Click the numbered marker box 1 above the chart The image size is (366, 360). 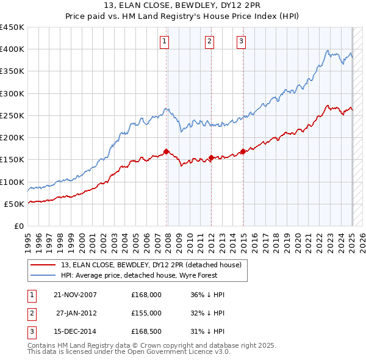[x=165, y=41]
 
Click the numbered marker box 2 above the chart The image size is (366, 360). [x=209, y=41]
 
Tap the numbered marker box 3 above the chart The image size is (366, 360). [x=242, y=41]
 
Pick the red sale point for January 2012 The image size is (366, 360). [x=211, y=157]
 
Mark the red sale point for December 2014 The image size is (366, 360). [x=243, y=151]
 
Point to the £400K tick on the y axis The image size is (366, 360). [x=12, y=49]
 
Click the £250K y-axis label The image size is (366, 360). [x=12, y=115]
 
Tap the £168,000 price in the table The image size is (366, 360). [x=146, y=295]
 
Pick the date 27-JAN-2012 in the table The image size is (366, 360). [x=76, y=313]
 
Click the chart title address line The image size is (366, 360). [x=183, y=7]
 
